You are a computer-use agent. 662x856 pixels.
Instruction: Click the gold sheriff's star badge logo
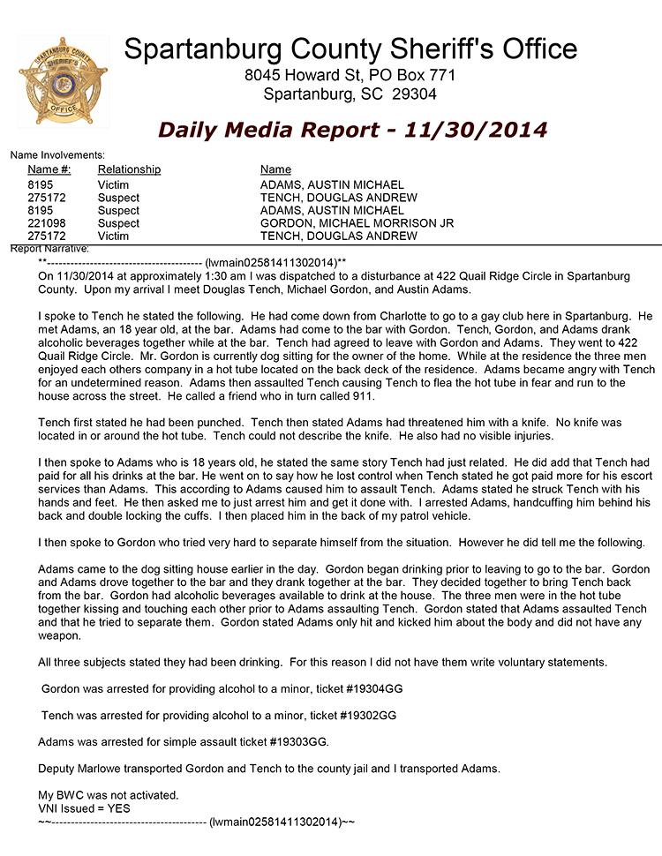coord(63,80)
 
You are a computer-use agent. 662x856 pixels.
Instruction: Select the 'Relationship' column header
coord(129,169)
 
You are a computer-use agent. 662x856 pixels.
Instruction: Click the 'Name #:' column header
coord(49,169)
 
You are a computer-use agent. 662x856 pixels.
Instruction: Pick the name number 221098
coord(47,223)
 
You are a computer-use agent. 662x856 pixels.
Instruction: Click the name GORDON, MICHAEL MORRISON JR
coord(357,223)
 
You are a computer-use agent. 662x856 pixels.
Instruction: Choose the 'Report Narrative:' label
coord(44,249)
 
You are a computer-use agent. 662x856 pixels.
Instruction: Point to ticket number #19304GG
coord(361,688)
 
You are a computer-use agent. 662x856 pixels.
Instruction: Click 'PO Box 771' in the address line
coord(414,75)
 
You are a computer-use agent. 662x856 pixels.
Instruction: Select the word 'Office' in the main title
coord(531,49)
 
